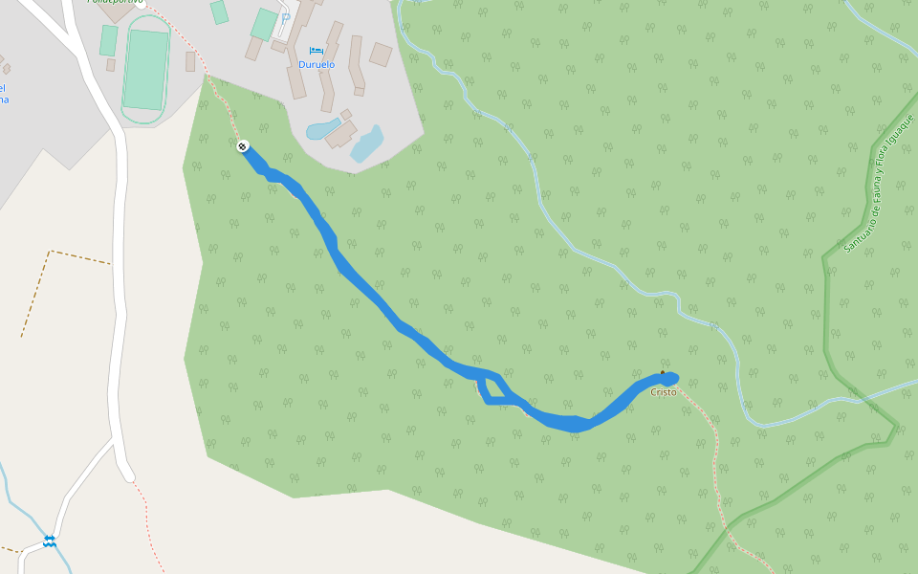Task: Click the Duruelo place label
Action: [x=317, y=65]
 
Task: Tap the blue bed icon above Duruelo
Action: [x=317, y=50]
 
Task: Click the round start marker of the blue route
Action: [x=243, y=146]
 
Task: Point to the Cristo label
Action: [x=664, y=392]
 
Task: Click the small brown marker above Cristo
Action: [x=663, y=373]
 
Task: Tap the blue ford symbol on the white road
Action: [x=49, y=541]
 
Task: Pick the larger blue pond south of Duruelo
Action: [x=366, y=143]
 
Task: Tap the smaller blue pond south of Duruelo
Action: [x=321, y=127]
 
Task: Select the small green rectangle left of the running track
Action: [x=109, y=40]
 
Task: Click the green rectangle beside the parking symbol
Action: [x=264, y=24]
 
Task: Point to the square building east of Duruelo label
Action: [x=381, y=54]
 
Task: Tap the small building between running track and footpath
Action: [x=190, y=61]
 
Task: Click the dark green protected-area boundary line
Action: [x=826, y=316]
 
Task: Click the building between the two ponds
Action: [x=341, y=134]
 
